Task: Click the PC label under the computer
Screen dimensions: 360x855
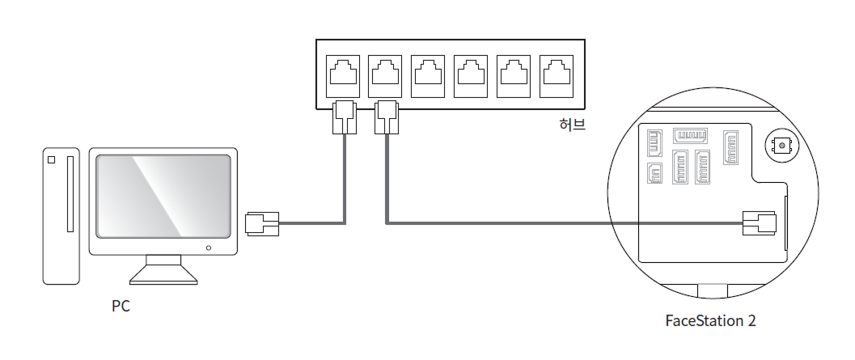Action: pyautogui.click(x=121, y=307)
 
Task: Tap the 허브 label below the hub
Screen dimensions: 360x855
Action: pyautogui.click(x=572, y=125)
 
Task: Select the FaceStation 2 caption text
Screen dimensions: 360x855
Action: pyautogui.click(x=710, y=320)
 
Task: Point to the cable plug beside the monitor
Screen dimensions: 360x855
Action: pyautogui.click(x=261, y=222)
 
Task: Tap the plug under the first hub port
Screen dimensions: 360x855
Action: pyautogui.click(x=345, y=117)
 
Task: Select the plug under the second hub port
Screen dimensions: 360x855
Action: pyautogui.click(x=387, y=117)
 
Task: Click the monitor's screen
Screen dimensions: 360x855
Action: pyautogui.click(x=163, y=194)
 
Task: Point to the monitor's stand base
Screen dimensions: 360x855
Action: pyautogui.click(x=164, y=275)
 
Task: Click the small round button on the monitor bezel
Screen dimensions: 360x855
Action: pyautogui.click(x=209, y=247)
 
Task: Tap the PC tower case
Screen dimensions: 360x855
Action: pyautogui.click(x=61, y=215)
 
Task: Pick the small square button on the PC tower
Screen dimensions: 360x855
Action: pyautogui.click(x=53, y=160)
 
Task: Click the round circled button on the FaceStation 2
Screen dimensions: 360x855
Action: pyautogui.click(x=781, y=146)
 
